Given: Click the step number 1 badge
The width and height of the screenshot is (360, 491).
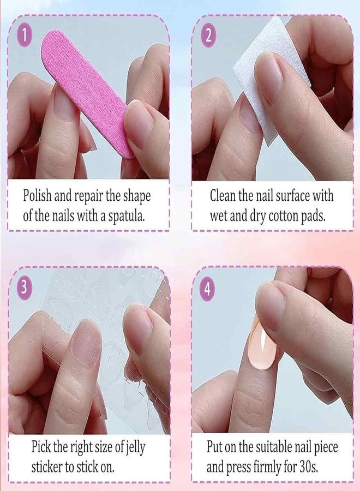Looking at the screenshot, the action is (25, 37).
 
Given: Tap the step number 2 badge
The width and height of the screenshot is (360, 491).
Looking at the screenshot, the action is (208, 37).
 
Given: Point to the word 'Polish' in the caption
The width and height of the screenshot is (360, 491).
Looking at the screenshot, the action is (37, 195).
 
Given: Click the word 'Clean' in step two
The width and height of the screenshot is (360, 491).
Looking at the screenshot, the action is (223, 195).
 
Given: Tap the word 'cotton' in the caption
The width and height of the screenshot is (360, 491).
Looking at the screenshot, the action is (284, 216).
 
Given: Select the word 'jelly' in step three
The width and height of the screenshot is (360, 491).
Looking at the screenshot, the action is (136, 447).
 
